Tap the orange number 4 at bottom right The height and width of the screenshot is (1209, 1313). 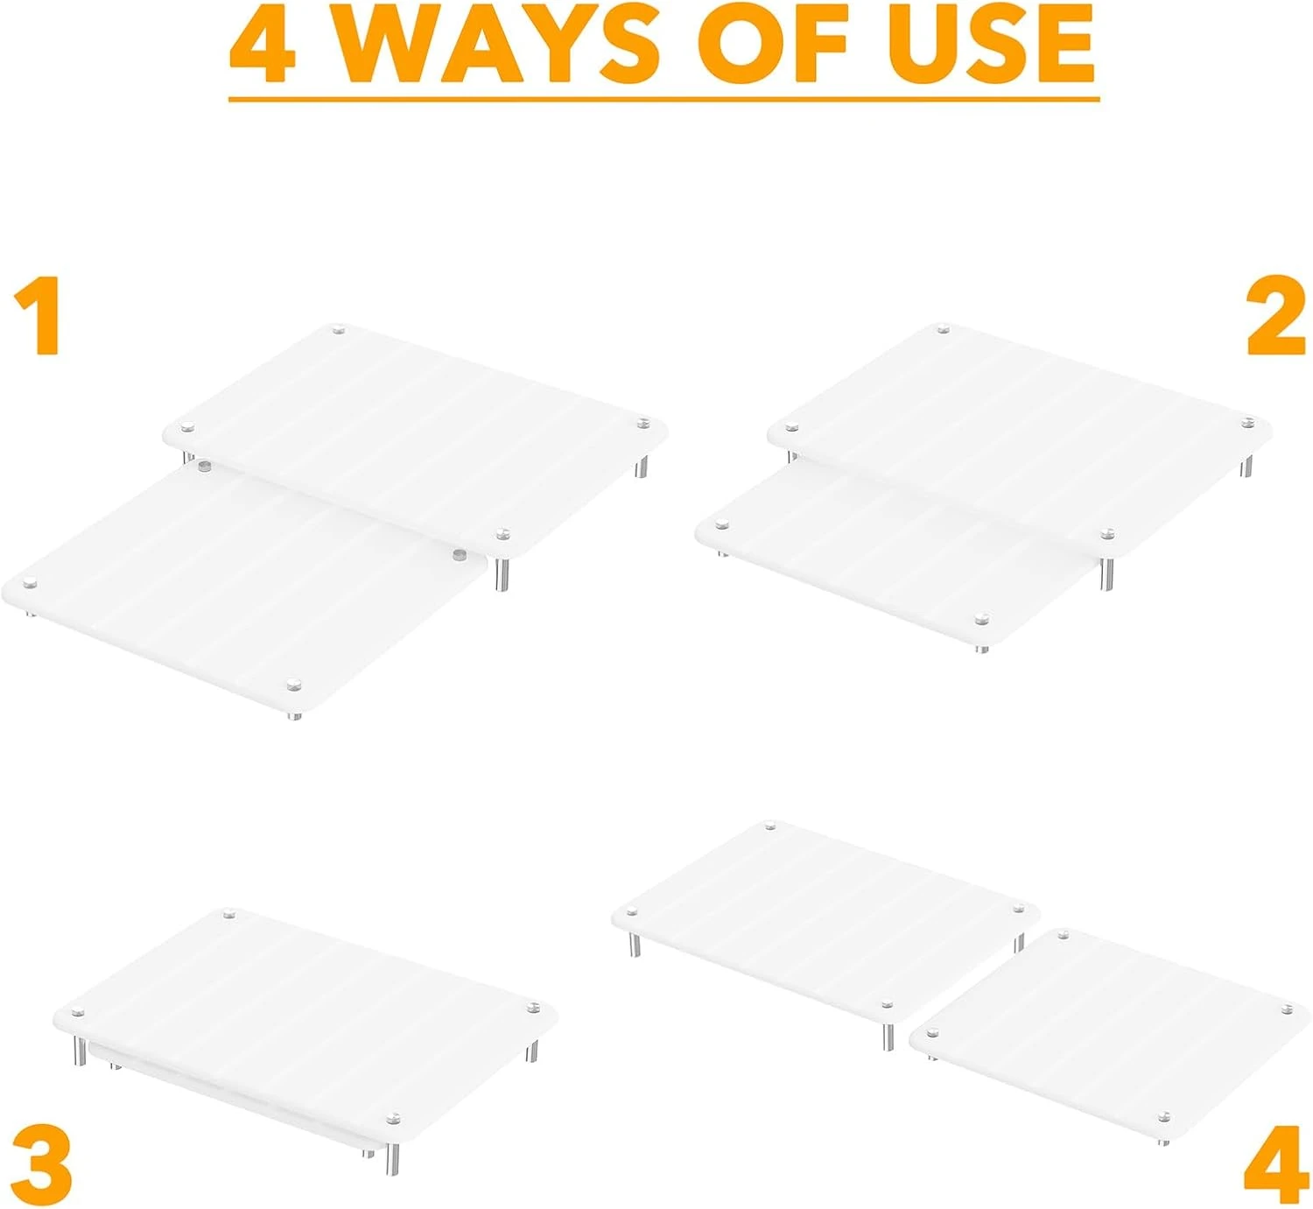coord(1275,1170)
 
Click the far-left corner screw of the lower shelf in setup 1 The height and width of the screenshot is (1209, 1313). coord(30,583)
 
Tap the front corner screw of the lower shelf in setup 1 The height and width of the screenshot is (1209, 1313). coord(294,680)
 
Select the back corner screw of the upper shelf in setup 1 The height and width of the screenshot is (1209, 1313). coord(340,330)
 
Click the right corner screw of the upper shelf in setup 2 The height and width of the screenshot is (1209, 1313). coord(1248,423)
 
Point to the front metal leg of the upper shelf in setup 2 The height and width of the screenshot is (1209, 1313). coord(1107,573)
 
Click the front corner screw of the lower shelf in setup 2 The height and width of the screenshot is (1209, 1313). coord(982,619)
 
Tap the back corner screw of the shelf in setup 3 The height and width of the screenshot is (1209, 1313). coord(229,914)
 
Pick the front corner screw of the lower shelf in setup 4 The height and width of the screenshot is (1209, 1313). coord(1163,1117)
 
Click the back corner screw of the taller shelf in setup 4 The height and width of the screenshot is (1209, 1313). coord(770,826)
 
